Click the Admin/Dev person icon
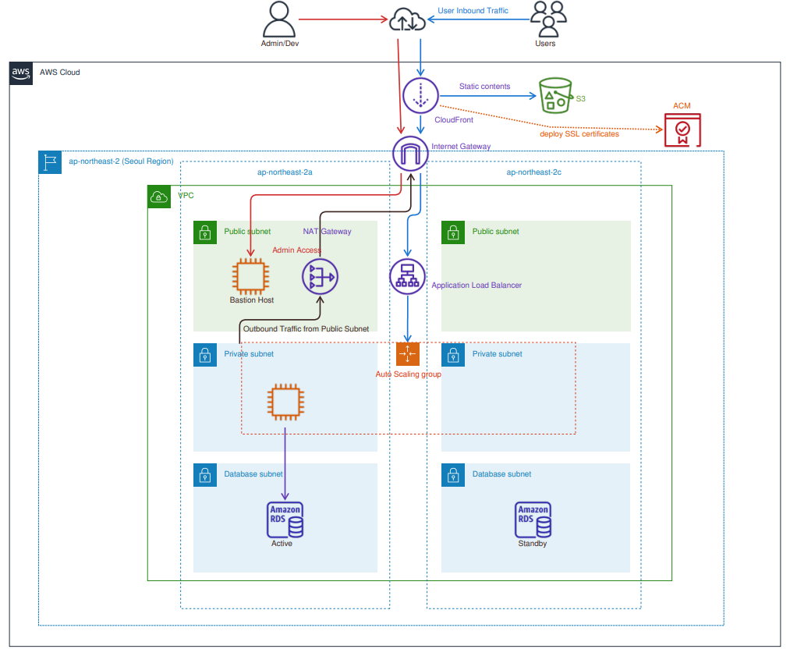coord(280,18)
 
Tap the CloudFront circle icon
coord(421,94)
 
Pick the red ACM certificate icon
coord(682,130)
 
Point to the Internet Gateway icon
coord(410,154)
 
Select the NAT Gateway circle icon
coord(320,276)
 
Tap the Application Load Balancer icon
coord(408,276)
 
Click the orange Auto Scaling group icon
coord(408,354)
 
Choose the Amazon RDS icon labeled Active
coord(285,520)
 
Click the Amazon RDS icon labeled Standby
coord(533,520)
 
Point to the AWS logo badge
coord(21,73)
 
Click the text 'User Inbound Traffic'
coord(473,11)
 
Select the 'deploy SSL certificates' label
coord(579,134)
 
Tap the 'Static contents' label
coord(484,87)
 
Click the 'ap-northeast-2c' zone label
coord(533,172)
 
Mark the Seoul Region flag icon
coord(50,161)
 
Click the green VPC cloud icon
coord(159,197)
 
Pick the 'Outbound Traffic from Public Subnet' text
coord(306,329)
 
